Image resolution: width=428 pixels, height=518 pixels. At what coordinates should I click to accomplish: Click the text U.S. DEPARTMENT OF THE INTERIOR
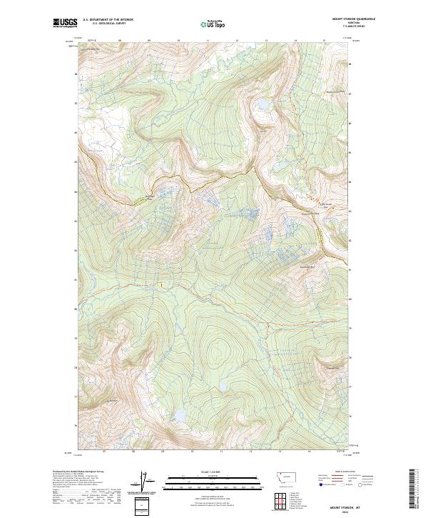click(108, 20)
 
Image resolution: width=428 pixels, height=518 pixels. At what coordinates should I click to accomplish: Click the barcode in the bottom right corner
click(412, 489)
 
